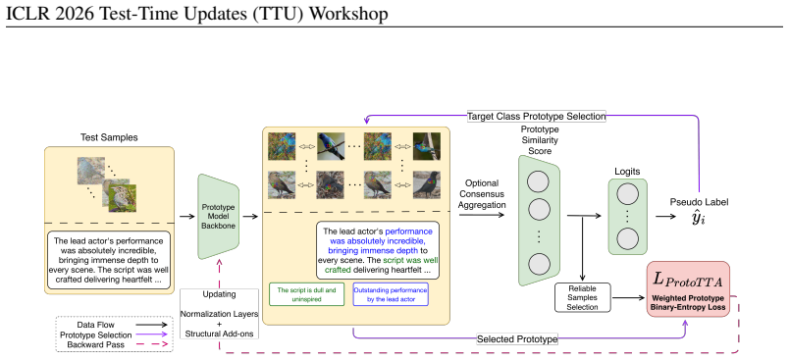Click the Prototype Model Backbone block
click(219, 216)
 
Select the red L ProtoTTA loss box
click(687, 288)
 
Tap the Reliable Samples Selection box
click(583, 297)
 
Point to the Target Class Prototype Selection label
click(537, 116)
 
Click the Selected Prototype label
click(517, 339)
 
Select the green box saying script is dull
click(307, 294)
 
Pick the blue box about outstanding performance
click(391, 294)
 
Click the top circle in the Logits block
click(627, 193)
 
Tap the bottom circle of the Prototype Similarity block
click(539, 264)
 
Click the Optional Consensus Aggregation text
click(482, 194)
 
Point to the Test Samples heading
click(109, 137)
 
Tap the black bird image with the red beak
click(427, 184)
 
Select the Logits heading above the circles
click(627, 172)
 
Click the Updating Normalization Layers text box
click(220, 313)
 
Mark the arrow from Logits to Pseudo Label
click(665, 216)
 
